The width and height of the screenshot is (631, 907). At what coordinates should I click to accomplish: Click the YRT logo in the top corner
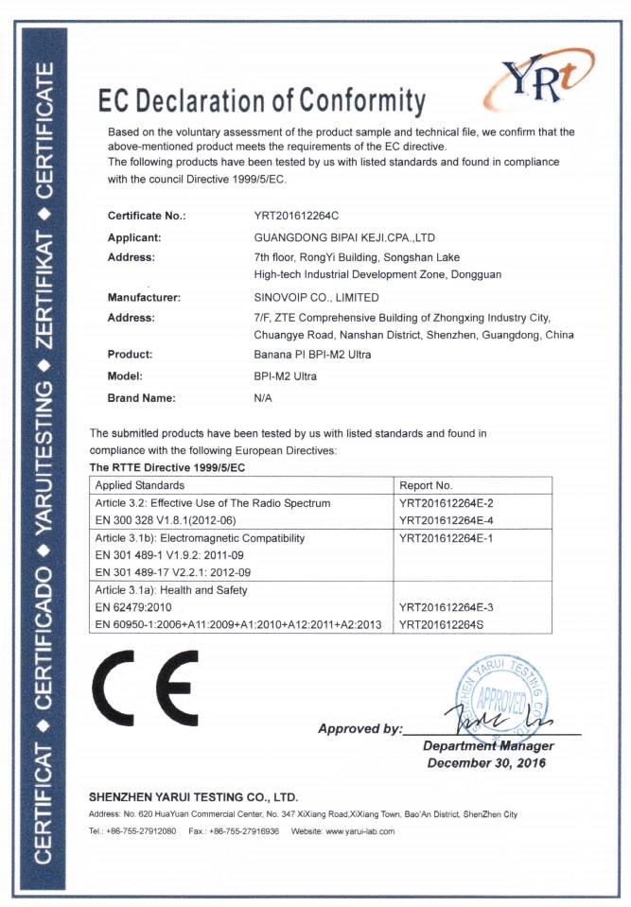(541, 76)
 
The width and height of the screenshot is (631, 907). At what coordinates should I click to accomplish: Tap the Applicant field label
(134, 236)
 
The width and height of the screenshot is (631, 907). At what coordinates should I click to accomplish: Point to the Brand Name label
(142, 398)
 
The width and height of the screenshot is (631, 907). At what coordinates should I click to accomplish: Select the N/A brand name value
(263, 398)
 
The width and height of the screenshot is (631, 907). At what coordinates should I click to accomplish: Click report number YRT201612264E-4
(447, 520)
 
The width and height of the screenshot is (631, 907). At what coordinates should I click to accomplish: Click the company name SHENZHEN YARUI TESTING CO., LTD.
(193, 796)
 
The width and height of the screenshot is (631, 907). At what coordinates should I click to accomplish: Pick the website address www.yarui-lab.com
(359, 830)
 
